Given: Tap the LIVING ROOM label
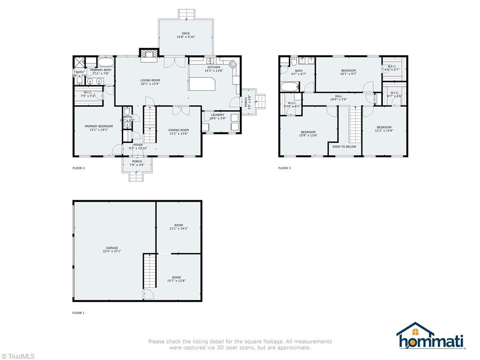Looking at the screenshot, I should coord(150,80).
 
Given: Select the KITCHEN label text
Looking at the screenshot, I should coord(213,67).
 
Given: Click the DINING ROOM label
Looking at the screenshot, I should coord(178,130).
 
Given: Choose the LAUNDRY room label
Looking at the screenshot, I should coord(217,115).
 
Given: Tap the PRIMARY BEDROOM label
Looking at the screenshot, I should coord(96,126).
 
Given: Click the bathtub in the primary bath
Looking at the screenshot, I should coord(105,62).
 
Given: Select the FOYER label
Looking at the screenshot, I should coord(138,145).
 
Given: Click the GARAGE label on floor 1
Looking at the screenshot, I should coord(112,248).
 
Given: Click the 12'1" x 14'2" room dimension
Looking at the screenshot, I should coord(178,229).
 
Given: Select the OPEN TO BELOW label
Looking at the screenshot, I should coord(344,147).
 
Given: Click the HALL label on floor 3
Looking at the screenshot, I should coord(338,96).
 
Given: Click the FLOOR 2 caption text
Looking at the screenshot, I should coord(78,168).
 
